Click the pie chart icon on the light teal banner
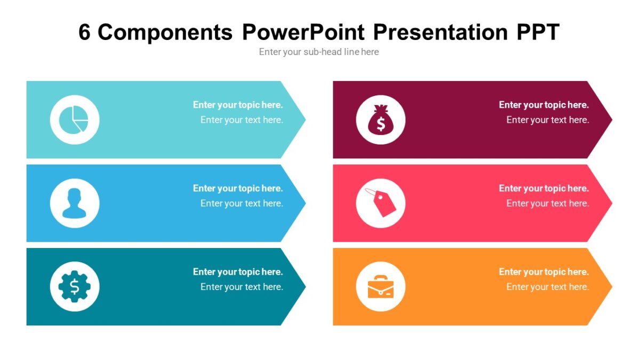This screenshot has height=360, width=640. click(74, 119)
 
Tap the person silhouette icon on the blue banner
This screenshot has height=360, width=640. click(74, 203)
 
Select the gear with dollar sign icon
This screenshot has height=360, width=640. click(74, 286)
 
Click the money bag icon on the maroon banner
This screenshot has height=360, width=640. click(380, 119)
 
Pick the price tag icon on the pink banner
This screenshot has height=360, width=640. click(380, 203)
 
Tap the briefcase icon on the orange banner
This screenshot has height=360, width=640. click(380, 286)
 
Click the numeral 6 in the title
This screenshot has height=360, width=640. click(85, 33)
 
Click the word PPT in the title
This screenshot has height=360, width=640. click(538, 33)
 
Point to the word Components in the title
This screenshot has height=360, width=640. click(165, 33)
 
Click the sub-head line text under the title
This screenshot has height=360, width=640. click(319, 52)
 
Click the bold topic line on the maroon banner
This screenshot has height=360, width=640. click(543, 105)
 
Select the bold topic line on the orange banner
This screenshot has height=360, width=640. click(543, 272)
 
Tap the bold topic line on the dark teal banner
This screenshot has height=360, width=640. click(238, 272)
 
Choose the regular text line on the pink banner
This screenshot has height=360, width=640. click(548, 203)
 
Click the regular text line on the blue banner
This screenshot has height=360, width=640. click(242, 203)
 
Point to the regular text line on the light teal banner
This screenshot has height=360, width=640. click(242, 120)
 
